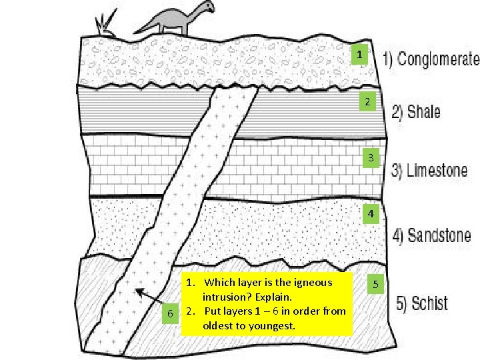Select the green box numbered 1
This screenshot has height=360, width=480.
pyautogui.click(x=359, y=54)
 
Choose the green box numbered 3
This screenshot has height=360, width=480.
pyautogui.click(x=372, y=157)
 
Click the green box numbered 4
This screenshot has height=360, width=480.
pyautogui.click(x=371, y=214)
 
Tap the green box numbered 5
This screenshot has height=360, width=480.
pyautogui.click(x=375, y=285)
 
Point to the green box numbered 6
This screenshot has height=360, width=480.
pyautogui.click(x=171, y=313)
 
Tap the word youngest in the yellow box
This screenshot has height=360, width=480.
pyautogui.click(x=271, y=326)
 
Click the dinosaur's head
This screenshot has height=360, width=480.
pyautogui.click(x=209, y=6)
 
